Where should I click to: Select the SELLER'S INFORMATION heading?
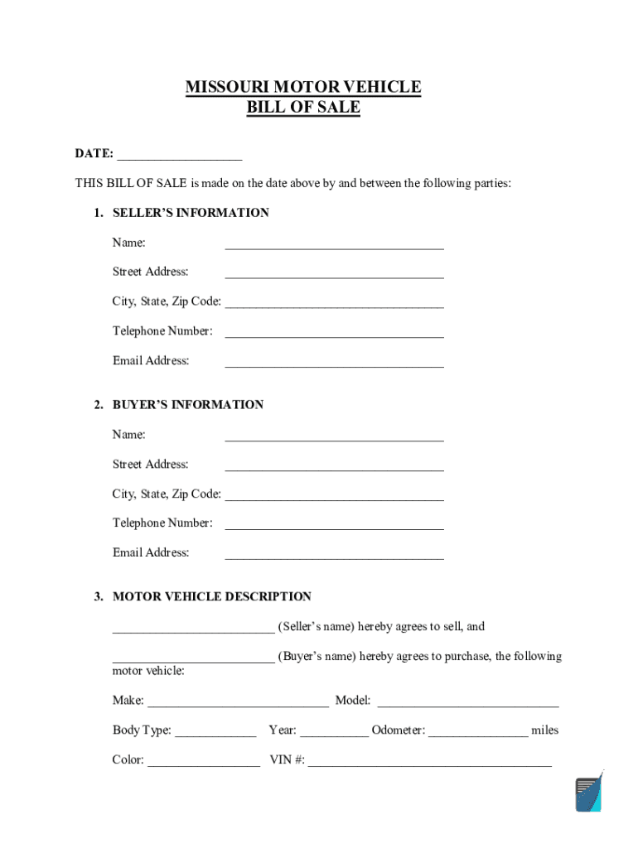click(x=191, y=213)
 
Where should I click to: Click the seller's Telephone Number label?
click(x=162, y=331)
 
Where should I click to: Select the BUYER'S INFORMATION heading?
click(x=188, y=405)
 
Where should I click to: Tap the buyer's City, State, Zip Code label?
click(x=167, y=494)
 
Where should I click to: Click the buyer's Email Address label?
click(x=151, y=552)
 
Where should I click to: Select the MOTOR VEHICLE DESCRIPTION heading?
click(x=212, y=596)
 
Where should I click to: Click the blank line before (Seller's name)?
click(x=193, y=629)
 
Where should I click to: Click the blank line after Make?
click(x=237, y=704)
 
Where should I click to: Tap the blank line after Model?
click(x=468, y=704)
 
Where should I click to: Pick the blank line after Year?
click(x=334, y=733)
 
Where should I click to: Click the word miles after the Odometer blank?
click(x=544, y=730)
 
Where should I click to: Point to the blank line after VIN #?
click(x=429, y=763)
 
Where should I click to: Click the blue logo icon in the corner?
click(x=588, y=793)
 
